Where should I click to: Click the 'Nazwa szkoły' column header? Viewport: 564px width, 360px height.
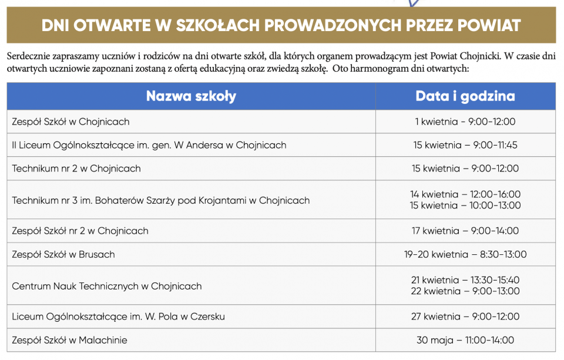tap(191, 96)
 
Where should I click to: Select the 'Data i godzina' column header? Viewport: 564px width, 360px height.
tap(465, 96)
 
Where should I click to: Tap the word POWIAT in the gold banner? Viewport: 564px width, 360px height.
tap(486, 25)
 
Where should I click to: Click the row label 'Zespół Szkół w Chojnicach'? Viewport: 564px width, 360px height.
tap(70, 122)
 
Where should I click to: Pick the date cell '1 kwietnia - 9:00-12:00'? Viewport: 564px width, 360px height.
tap(465, 122)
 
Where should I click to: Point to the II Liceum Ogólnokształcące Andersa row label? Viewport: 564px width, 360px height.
tap(149, 145)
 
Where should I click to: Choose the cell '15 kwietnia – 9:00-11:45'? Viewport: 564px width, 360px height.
tap(465, 145)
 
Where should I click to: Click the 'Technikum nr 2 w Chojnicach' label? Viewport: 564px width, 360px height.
tap(76, 169)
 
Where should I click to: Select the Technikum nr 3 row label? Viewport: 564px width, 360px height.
tap(160, 200)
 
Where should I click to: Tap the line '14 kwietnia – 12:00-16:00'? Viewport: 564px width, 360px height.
tap(465, 194)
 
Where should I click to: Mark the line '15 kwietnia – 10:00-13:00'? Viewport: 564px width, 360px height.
tap(465, 206)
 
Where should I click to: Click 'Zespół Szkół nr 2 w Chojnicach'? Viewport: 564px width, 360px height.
tap(80, 231)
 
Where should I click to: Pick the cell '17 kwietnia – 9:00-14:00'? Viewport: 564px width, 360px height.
tap(465, 231)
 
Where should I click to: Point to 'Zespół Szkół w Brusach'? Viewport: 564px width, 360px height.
tap(63, 254)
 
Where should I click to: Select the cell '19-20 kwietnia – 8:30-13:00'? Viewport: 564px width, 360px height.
tap(465, 254)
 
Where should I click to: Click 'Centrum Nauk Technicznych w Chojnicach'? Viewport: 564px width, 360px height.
tap(107, 286)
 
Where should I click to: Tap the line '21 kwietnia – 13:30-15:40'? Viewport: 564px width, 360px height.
tap(465, 280)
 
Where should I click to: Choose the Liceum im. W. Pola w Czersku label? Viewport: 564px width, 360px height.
tap(118, 317)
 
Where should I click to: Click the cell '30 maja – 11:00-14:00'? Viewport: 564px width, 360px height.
tap(465, 340)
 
